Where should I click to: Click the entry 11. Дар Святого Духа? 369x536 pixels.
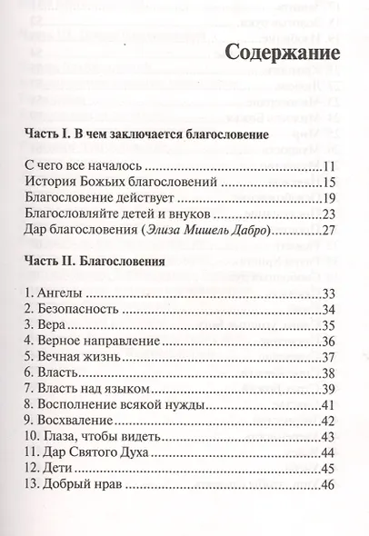coord(85,452)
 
